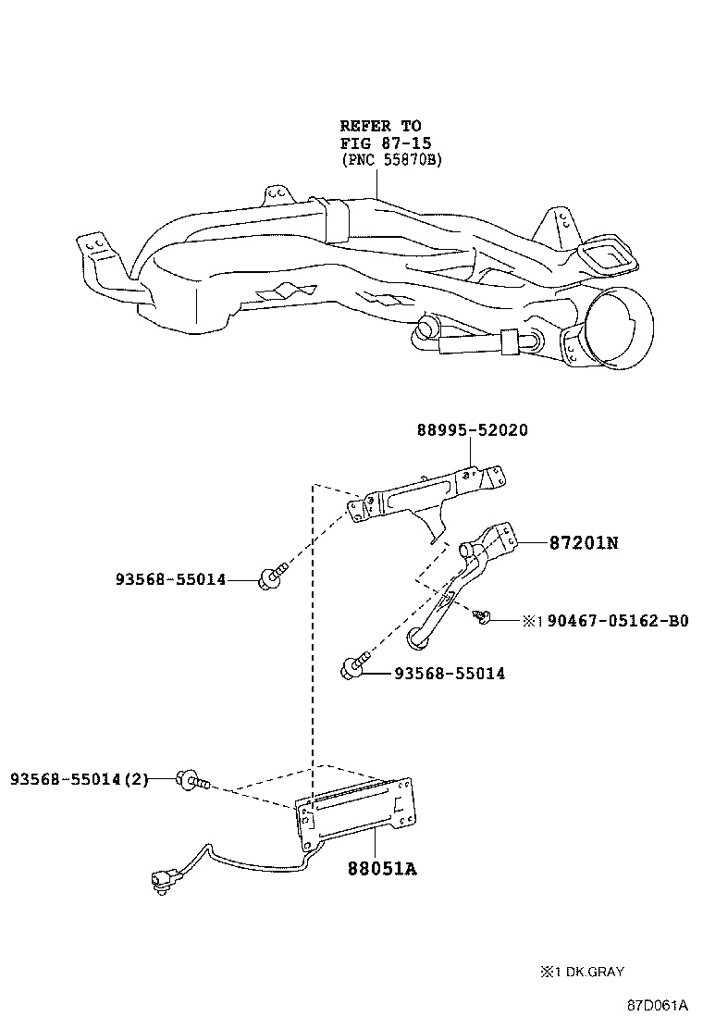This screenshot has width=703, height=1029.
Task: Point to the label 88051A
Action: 382,869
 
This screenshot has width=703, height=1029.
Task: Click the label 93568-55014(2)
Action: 80,779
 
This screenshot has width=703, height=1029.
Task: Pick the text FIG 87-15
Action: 386,143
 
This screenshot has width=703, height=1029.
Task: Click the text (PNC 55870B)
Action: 391,160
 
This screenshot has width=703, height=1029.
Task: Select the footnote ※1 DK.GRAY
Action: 582,972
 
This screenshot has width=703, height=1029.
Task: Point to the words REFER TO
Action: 380,125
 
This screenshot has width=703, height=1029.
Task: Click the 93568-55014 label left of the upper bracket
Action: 170,580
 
